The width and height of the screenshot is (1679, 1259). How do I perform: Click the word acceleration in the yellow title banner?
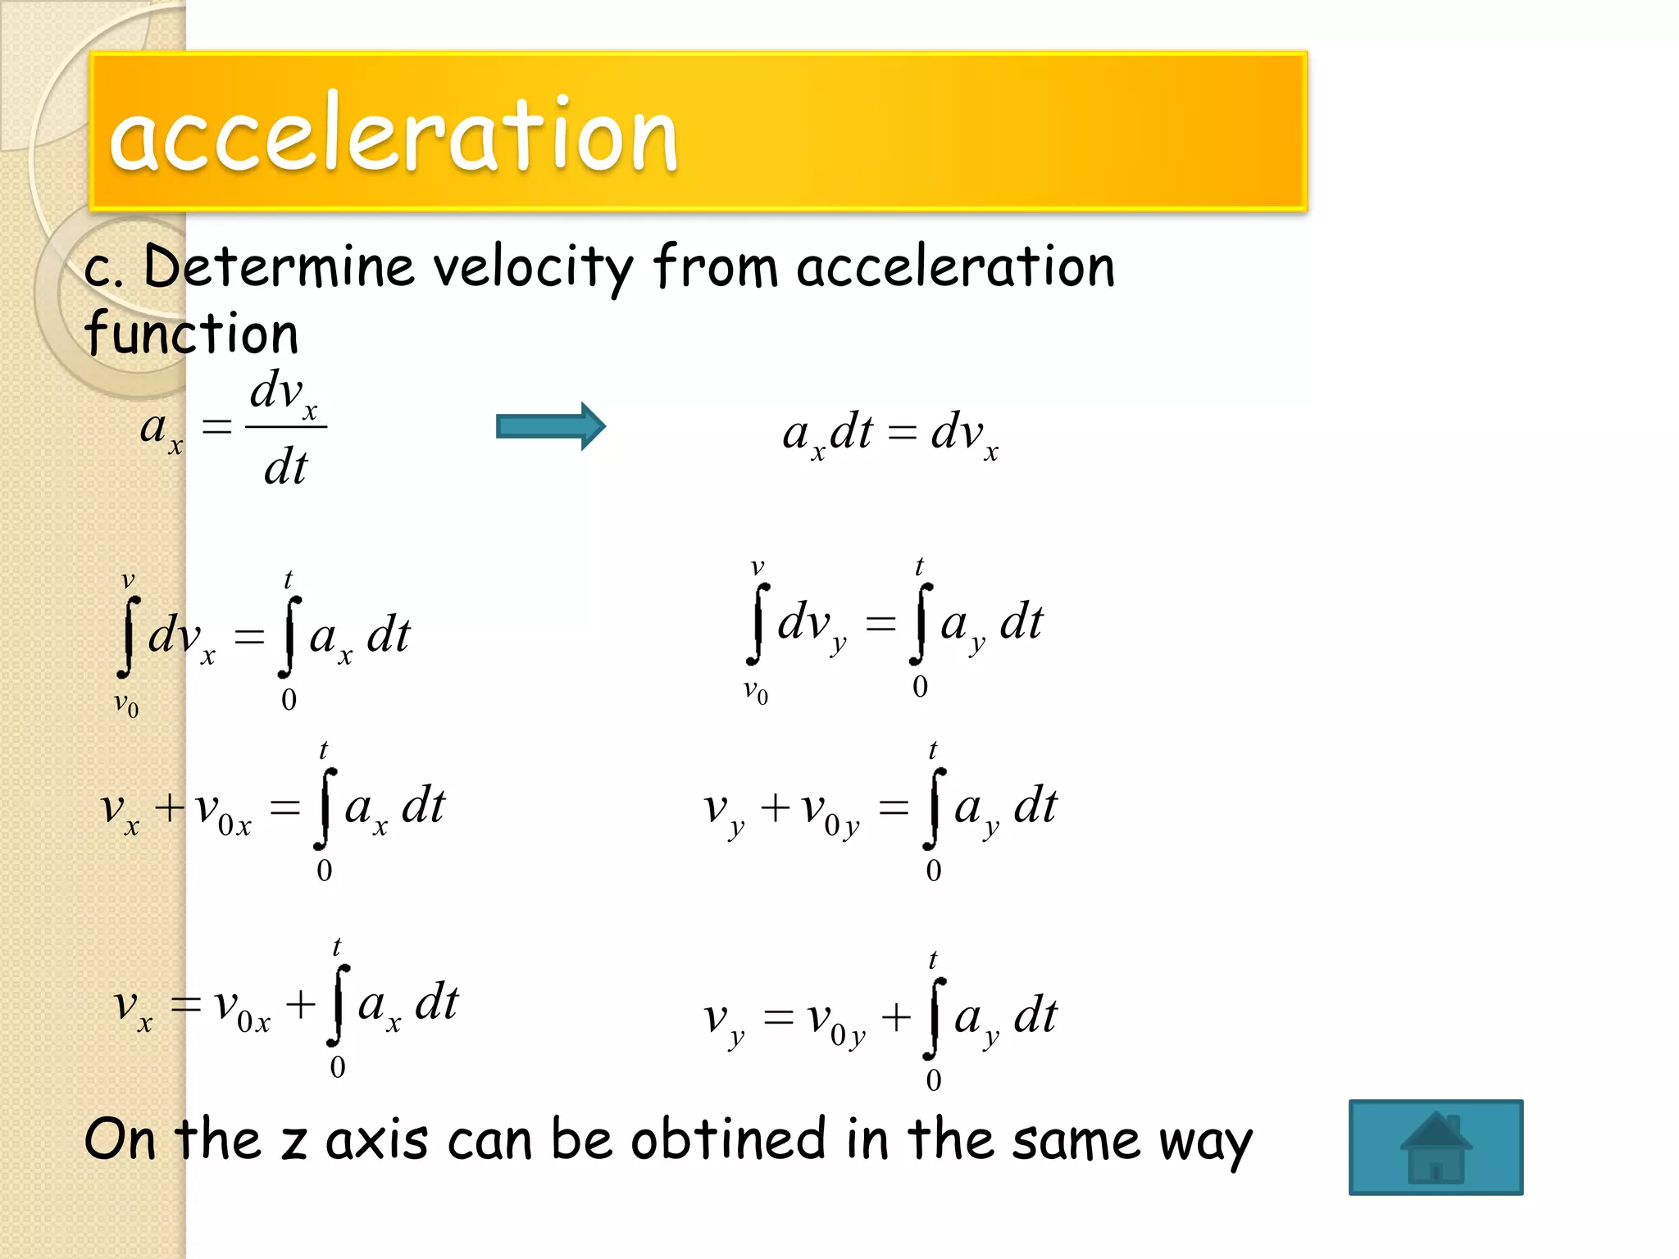394,134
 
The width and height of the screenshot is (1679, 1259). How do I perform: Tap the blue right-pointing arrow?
550,426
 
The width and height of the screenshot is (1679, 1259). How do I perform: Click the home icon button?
1436,1147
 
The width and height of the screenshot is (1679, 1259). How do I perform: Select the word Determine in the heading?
279,267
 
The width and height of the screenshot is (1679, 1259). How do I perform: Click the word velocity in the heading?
533,269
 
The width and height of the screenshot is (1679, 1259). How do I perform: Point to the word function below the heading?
191,334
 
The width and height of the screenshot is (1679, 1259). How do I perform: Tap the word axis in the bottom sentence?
376,1140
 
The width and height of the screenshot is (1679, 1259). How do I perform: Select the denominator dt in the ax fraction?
285,468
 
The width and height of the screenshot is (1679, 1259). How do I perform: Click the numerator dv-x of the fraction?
284,391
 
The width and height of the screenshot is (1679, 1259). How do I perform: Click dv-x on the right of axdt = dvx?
964,434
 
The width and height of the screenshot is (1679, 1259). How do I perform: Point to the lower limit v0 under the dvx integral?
126,704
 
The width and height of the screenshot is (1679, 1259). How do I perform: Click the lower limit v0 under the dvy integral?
756,693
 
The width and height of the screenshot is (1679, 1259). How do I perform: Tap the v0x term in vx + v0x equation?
223,811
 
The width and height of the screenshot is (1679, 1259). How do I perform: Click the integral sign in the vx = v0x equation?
338,1005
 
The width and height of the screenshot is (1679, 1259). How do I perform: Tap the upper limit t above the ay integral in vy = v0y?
933,960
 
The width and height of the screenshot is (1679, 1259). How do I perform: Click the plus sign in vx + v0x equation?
170,808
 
